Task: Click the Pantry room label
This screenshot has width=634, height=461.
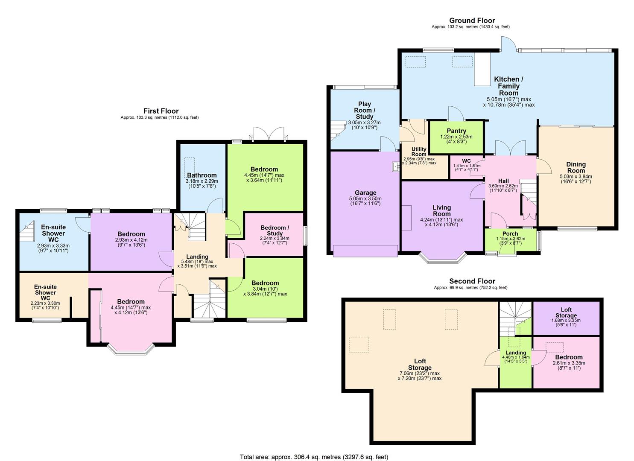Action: pyautogui.click(x=456, y=131)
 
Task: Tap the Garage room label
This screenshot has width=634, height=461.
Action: pyautogui.click(x=365, y=193)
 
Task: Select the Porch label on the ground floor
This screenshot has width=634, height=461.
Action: pyautogui.click(x=510, y=233)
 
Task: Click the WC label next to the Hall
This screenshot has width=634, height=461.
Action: pyautogui.click(x=466, y=161)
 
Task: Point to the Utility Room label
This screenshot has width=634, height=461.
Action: pyautogui.click(x=419, y=152)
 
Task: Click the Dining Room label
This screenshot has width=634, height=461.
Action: pyautogui.click(x=576, y=167)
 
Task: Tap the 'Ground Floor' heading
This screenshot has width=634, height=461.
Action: pyautogui.click(x=472, y=20)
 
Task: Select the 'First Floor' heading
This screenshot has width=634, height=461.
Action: pyautogui.click(x=161, y=111)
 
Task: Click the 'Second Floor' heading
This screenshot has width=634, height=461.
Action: pyautogui.click(x=472, y=281)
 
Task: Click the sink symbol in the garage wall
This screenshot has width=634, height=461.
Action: pyautogui.click(x=395, y=166)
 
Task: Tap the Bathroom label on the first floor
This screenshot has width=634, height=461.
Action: pyautogui.click(x=202, y=175)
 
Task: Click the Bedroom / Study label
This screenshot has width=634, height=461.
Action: pyautogui.click(x=275, y=230)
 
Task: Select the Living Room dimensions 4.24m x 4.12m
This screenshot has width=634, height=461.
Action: pyautogui.click(x=441, y=222)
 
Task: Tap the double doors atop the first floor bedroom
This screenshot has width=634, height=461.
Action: pyautogui.click(x=268, y=133)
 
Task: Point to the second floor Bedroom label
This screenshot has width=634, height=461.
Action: pyautogui.click(x=569, y=357)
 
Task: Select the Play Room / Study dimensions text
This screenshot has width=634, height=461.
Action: pyautogui.click(x=364, y=125)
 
